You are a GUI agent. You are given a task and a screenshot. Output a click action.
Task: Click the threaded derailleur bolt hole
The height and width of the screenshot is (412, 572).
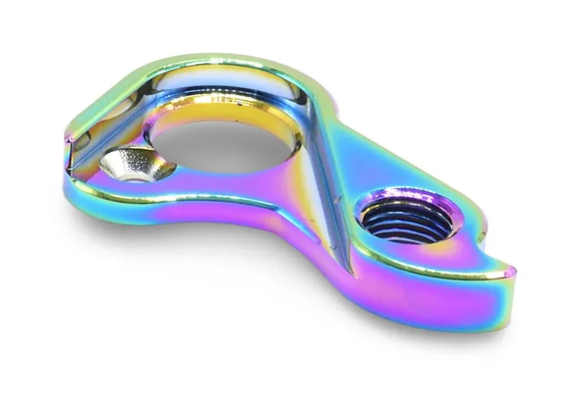(x=406, y=218)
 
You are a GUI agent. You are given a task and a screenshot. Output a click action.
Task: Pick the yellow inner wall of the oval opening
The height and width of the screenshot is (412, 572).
(x=214, y=114)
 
